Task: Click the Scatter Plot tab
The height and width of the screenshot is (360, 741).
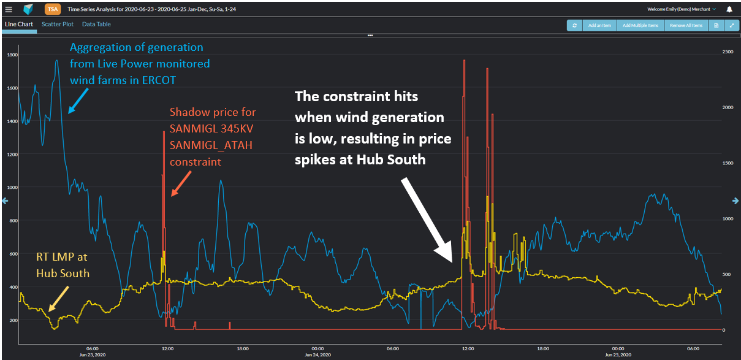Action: (57, 25)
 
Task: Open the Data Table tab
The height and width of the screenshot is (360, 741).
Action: (96, 25)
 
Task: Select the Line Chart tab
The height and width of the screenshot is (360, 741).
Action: (18, 25)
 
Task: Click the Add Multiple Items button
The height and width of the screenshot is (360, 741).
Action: (640, 25)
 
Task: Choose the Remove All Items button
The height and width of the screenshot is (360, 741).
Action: (686, 25)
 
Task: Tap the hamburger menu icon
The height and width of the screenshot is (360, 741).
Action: (9, 9)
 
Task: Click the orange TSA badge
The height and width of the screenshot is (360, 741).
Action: (53, 9)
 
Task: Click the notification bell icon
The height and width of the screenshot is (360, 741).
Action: (729, 9)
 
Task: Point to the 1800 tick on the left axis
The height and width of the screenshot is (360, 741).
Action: (12, 55)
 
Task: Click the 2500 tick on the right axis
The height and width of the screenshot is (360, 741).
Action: (728, 52)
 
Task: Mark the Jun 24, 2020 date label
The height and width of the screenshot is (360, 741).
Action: (317, 355)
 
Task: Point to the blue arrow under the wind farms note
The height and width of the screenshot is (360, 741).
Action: (78, 101)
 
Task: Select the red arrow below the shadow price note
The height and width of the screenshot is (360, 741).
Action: (181, 183)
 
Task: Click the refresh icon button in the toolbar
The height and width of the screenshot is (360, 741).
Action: (574, 25)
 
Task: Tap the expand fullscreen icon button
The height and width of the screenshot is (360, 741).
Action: (731, 25)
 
